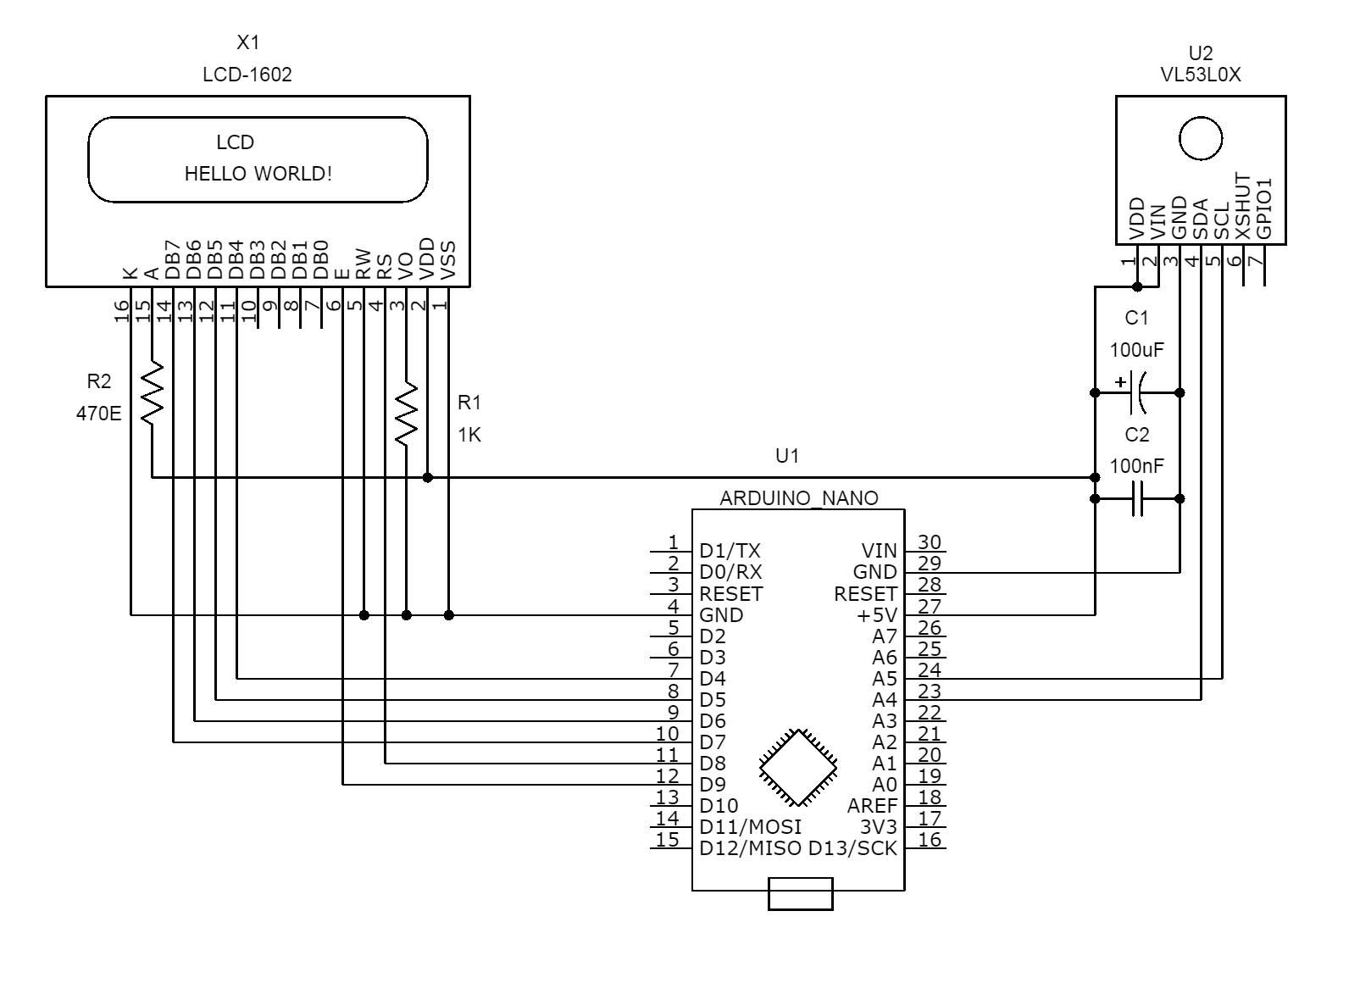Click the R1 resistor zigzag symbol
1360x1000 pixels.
407,413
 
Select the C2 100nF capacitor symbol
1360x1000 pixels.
1137,499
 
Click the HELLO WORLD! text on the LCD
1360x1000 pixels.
258,174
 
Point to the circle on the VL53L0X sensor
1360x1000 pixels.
1201,138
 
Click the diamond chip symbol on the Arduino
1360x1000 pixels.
798,767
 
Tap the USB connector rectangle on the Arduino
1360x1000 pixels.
800,893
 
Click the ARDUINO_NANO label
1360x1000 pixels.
798,498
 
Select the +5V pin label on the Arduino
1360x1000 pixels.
877,615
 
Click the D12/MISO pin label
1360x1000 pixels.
750,848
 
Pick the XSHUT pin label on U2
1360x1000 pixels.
1243,207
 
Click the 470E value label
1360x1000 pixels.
99,414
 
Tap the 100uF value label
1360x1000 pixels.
1137,349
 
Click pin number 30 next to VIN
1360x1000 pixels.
930,542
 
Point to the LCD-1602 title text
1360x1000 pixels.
247,75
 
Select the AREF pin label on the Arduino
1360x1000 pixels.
872,806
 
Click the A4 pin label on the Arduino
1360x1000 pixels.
885,700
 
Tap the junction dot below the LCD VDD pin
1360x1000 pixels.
428,478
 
